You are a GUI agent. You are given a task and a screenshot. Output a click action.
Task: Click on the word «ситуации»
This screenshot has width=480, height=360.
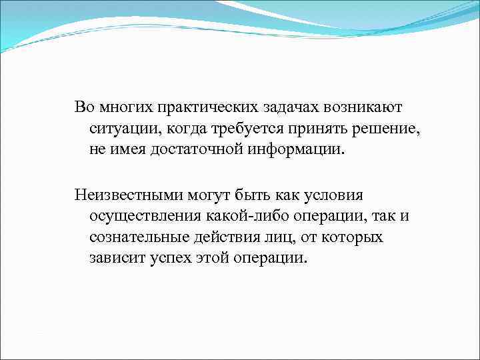(123, 128)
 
